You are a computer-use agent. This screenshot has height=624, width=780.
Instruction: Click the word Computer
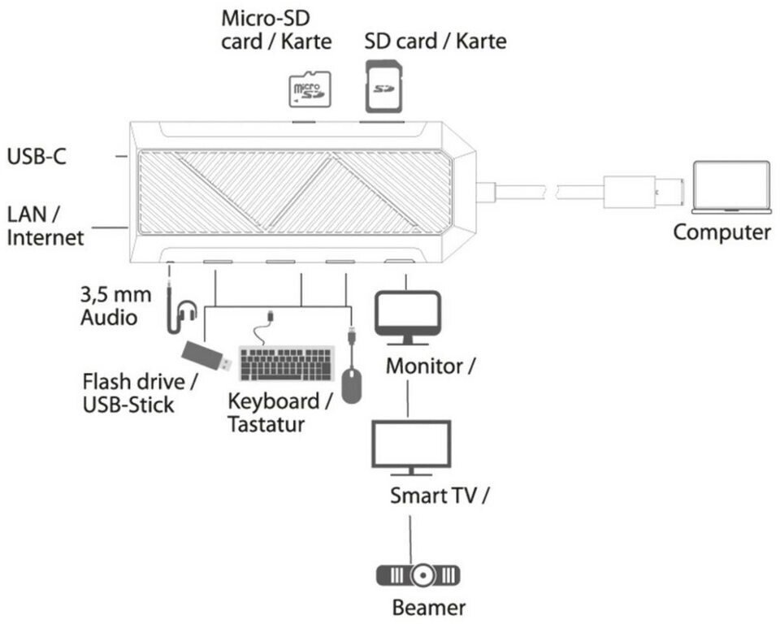(x=721, y=232)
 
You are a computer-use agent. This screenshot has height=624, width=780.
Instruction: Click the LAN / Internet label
(x=45, y=226)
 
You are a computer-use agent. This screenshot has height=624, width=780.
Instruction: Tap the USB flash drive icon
(x=204, y=357)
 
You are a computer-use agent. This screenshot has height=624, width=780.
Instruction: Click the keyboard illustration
(x=287, y=363)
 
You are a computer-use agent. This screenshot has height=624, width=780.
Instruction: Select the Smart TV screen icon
(x=411, y=446)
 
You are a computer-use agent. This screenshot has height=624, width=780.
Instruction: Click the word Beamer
(x=428, y=607)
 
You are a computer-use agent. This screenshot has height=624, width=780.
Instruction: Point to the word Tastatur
(x=266, y=423)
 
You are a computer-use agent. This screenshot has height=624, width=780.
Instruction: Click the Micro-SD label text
(x=266, y=17)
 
